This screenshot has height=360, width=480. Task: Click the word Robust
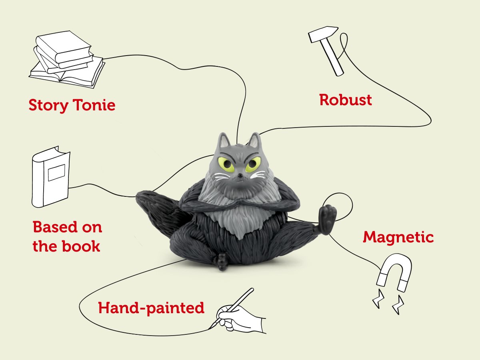click(345, 100)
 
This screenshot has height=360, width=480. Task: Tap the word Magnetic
click(398, 237)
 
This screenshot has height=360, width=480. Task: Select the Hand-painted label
click(151, 308)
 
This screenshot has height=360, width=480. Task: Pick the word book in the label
click(82, 246)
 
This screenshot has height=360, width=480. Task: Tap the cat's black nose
click(239, 175)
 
